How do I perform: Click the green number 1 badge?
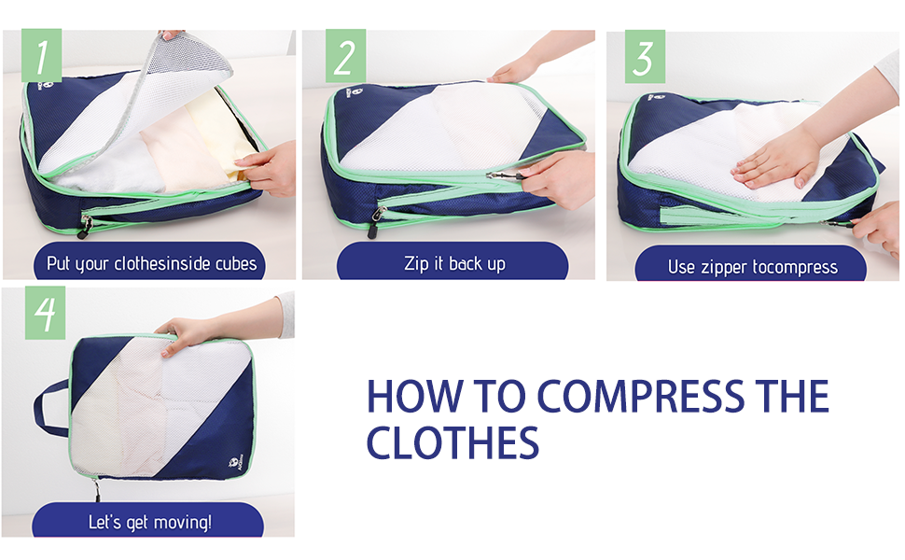pyautogui.click(x=42, y=56)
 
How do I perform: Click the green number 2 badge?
pyautogui.click(x=345, y=56)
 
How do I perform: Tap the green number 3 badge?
pyautogui.click(x=645, y=57)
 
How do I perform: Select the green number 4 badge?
pyautogui.click(x=45, y=313)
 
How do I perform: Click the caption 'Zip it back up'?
pyautogui.click(x=454, y=264)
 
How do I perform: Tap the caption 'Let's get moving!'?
pyautogui.click(x=150, y=523)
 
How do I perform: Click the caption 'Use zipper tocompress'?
pyautogui.click(x=753, y=267)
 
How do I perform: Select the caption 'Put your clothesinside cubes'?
pyautogui.click(x=151, y=264)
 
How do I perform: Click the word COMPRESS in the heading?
pyautogui.click(x=641, y=397)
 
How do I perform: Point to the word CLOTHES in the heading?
pyautogui.click(x=452, y=442)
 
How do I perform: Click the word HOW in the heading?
pyautogui.click(x=414, y=397)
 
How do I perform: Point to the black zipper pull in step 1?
pyautogui.click(x=85, y=226)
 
